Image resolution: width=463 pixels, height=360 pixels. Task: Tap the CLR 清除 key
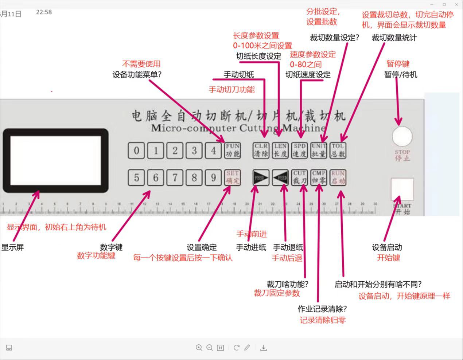point(261,150)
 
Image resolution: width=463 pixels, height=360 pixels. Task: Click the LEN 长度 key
point(280,150)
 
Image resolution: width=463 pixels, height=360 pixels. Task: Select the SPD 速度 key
point(300,150)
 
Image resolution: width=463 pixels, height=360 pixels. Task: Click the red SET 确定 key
point(232,177)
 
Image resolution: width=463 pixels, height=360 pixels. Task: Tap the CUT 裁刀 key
point(300,177)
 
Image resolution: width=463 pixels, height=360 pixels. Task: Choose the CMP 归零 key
point(319,177)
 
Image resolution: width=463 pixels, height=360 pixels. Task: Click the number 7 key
point(175,178)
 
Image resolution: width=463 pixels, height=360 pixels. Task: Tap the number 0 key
point(136,150)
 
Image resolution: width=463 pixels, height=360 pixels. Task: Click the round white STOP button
point(402,136)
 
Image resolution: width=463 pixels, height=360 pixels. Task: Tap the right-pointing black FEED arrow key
point(261,178)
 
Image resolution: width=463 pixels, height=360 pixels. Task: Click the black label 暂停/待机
point(401,75)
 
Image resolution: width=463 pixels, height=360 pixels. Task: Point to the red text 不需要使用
point(141,64)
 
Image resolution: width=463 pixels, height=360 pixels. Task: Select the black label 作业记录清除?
point(322,309)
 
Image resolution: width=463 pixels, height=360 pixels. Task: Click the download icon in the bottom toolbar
point(264,348)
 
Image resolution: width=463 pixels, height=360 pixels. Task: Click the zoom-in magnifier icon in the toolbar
point(199,348)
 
